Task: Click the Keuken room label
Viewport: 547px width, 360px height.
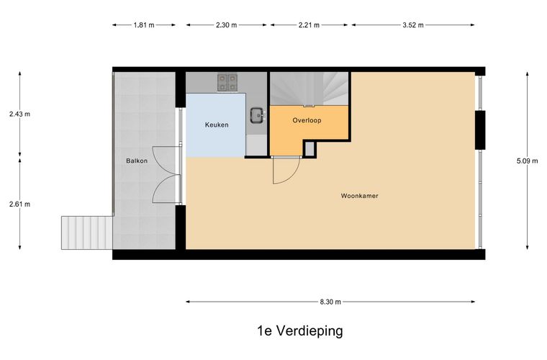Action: coord(217,125)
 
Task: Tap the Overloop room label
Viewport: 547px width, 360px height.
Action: coord(307,120)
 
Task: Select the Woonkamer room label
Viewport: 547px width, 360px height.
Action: coord(359,196)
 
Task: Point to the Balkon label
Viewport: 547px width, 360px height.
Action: coord(137,161)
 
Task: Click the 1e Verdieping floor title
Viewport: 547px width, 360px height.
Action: coord(300,330)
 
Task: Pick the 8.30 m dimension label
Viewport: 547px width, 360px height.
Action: coord(330,302)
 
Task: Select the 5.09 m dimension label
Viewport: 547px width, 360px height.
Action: coord(527,161)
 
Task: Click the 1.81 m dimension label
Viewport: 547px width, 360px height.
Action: coord(144,24)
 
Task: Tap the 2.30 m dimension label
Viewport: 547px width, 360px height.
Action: coord(226,24)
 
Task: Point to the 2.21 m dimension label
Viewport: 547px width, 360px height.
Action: coord(309,24)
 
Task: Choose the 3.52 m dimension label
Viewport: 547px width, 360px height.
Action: coord(413,24)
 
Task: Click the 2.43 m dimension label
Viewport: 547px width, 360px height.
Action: coord(19,114)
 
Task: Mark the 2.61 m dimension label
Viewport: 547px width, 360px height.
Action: coord(19,204)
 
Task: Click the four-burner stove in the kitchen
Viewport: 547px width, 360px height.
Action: coord(227,82)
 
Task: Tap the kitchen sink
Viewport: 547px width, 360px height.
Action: coord(258,115)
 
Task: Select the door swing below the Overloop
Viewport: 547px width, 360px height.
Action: coord(286,170)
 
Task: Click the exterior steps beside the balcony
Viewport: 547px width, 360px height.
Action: coord(87,233)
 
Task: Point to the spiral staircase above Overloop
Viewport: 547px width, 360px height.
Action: coord(309,89)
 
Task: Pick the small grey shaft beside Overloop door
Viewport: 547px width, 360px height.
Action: coord(309,148)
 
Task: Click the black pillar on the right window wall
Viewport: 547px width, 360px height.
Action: coord(480,130)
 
